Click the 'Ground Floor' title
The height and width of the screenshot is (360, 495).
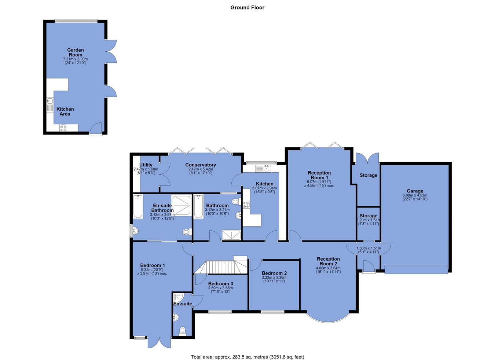pyautogui.click(x=247, y=7)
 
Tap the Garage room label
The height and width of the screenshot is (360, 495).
pyautogui.click(x=415, y=191)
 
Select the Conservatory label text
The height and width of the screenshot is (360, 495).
pyautogui.click(x=201, y=165)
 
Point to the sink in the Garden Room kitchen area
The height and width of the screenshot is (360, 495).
pyautogui.click(x=50, y=101)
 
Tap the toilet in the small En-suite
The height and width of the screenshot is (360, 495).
pyautogui.click(x=182, y=331)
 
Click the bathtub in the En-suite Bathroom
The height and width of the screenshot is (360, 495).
pyautogui.click(x=138, y=206)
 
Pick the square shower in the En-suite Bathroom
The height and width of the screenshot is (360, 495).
pyautogui.click(x=181, y=205)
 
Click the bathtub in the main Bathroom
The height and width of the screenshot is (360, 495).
pyautogui.click(x=199, y=206)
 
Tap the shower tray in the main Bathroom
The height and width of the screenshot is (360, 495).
pyautogui.click(x=231, y=235)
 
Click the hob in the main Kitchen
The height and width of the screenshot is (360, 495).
pyautogui.click(x=246, y=205)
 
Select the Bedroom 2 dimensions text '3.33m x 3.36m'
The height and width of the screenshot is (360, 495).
pyautogui.click(x=274, y=278)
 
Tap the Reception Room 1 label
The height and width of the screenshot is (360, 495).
pyautogui.click(x=319, y=175)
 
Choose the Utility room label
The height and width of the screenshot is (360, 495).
pyautogui.click(x=146, y=165)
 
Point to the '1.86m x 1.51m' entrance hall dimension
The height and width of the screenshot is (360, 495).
pyautogui.click(x=368, y=248)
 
